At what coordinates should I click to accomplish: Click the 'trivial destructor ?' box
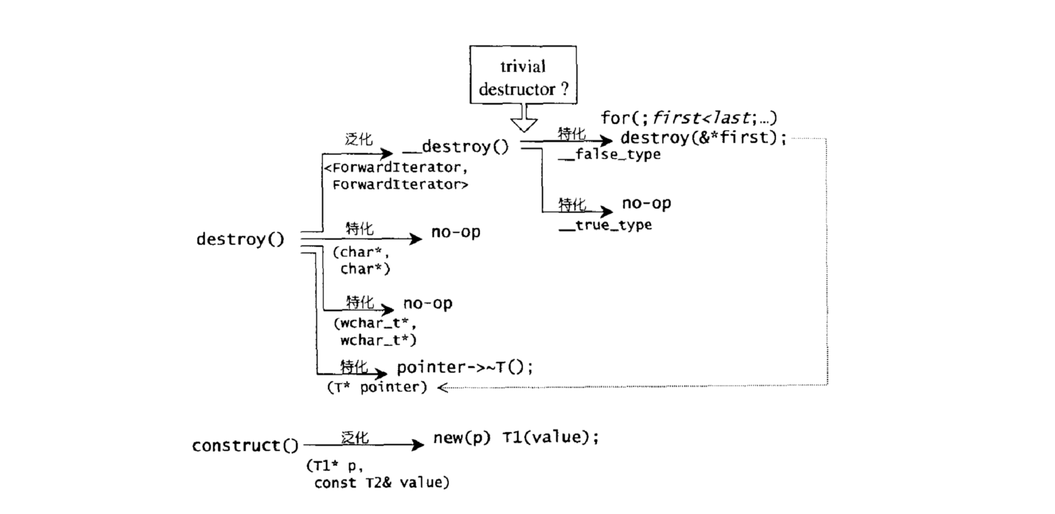point(523,75)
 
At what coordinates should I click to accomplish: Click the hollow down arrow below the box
point(524,118)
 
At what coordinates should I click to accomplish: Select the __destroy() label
point(455,147)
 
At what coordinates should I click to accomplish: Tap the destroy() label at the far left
point(240,240)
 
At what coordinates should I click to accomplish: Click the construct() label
point(245,446)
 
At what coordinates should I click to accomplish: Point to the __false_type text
point(609,155)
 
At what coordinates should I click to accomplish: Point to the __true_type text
point(605,226)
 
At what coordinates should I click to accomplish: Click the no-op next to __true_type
point(646,203)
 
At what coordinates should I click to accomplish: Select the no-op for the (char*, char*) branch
point(455,232)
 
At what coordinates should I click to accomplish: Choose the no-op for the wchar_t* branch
point(427,304)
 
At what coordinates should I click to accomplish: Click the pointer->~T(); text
point(465,368)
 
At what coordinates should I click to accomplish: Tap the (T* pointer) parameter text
point(377,387)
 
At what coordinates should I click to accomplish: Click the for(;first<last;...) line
point(688,118)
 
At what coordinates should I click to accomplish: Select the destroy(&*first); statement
point(704,137)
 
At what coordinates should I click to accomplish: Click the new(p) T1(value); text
point(516,437)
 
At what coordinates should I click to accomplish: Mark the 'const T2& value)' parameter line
point(382,483)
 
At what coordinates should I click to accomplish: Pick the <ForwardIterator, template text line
point(396,168)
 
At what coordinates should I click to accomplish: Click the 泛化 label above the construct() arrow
point(355,438)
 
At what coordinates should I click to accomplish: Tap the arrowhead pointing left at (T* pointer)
point(442,387)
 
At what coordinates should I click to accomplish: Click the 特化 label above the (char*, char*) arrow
point(359,228)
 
